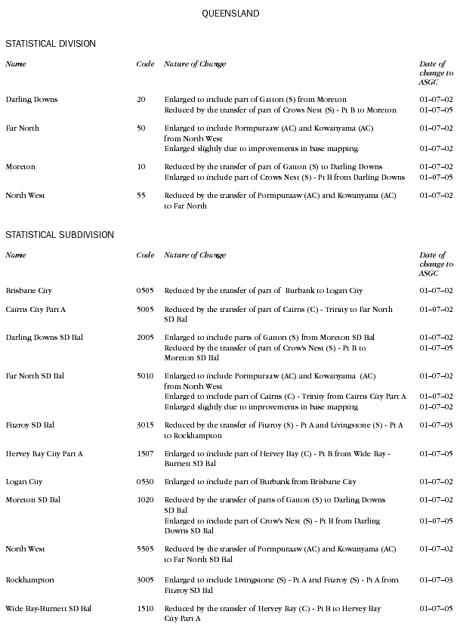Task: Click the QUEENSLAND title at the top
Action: click(230, 14)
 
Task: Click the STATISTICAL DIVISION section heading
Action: click(51, 44)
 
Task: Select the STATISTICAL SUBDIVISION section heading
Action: click(60, 235)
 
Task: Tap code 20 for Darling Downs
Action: click(141, 100)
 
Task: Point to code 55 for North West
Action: click(141, 196)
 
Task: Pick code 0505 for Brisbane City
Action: click(145, 291)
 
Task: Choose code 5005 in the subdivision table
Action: click(145, 310)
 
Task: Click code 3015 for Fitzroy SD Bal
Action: click(145, 426)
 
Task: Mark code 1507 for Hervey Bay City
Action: click(145, 454)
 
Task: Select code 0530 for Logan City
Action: click(145, 482)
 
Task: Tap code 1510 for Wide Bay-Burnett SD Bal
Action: click(145, 609)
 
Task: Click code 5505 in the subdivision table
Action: click(145, 550)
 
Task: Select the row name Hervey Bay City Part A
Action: click(44, 454)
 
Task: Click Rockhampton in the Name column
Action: click(29, 580)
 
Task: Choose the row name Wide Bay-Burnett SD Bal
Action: click(48, 609)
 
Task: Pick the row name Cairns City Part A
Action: click(36, 310)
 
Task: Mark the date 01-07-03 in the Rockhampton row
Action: click(436, 580)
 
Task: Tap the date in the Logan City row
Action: click(436, 482)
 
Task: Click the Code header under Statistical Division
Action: click(145, 64)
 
